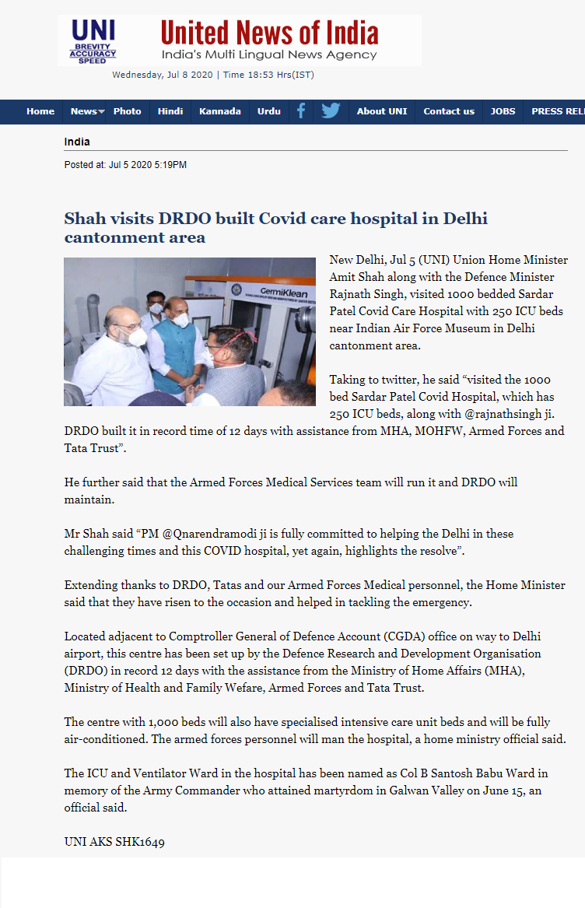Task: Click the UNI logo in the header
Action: pos(93,41)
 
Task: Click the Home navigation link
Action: pos(40,111)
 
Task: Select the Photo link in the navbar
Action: pos(127,111)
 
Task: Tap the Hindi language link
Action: pos(170,111)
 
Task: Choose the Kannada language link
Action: pos(219,111)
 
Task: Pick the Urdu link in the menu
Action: pos(269,111)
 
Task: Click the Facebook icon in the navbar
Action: pos(301,111)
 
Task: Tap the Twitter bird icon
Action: pos(331,111)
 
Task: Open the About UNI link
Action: pos(381,111)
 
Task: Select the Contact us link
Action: pos(449,111)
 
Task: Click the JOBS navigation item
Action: pos(503,111)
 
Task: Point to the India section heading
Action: pos(77,142)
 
